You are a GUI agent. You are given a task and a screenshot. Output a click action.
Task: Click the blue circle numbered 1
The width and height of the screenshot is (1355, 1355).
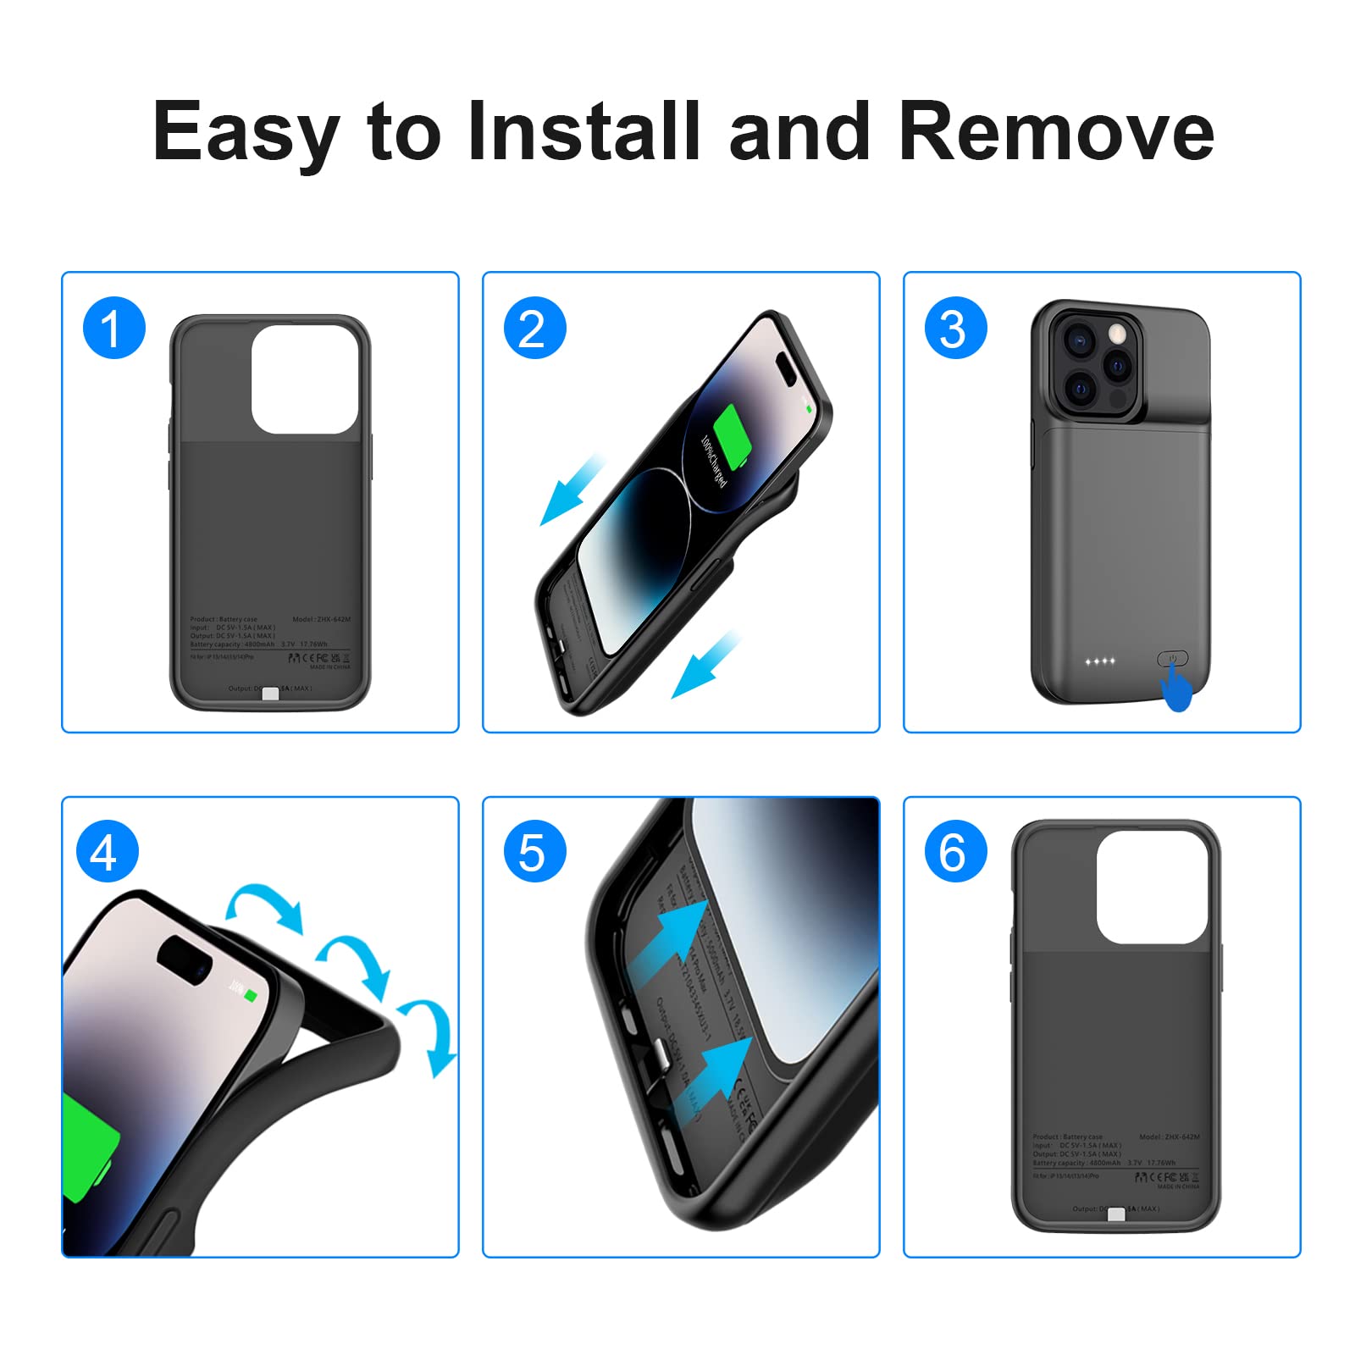click(113, 329)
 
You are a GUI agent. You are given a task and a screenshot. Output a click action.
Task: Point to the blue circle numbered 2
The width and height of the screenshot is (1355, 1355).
click(534, 329)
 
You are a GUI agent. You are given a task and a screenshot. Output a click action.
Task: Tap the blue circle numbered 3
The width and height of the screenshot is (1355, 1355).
click(955, 329)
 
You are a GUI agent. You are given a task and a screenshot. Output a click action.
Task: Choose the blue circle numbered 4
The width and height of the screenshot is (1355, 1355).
click(107, 852)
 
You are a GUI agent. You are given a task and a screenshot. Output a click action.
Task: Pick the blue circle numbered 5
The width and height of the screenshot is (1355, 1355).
click(534, 852)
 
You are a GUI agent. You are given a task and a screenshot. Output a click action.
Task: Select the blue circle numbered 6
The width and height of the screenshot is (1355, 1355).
click(955, 852)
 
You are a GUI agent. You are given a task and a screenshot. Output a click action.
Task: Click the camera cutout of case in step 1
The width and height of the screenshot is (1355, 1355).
click(304, 379)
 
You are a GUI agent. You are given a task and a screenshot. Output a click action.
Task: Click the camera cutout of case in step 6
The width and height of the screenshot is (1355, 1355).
click(1153, 887)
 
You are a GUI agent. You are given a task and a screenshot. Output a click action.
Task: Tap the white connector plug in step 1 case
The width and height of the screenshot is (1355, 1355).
click(270, 694)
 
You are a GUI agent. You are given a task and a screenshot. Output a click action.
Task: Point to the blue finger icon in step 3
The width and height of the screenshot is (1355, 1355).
click(1176, 686)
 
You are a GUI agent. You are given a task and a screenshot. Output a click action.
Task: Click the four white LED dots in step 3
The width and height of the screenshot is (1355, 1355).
click(1100, 661)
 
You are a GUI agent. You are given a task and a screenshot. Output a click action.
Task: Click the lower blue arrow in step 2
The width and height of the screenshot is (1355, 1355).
click(704, 666)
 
